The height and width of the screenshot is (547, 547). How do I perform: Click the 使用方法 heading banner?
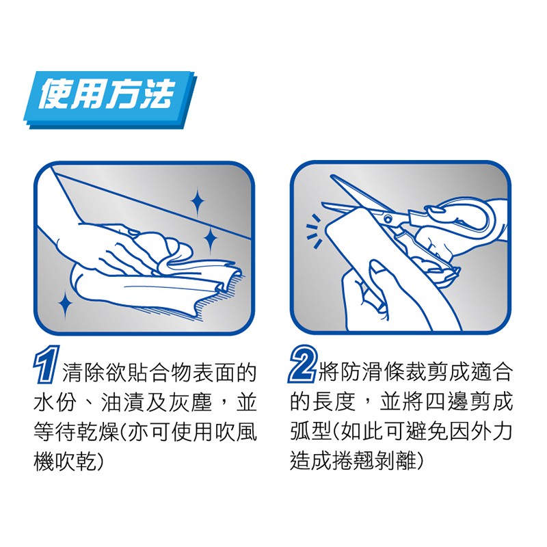coord(110,99)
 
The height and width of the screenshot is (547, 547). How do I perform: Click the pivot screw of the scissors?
coord(388,219)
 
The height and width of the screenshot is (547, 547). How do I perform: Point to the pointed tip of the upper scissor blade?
coord(332,176)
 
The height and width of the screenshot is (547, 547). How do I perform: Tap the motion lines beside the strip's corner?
coord(314,231)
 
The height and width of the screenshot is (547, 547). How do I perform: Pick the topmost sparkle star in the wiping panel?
coord(198,202)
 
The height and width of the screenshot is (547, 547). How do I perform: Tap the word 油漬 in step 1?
coord(122,402)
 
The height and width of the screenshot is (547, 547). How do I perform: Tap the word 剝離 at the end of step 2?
coord(396,461)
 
